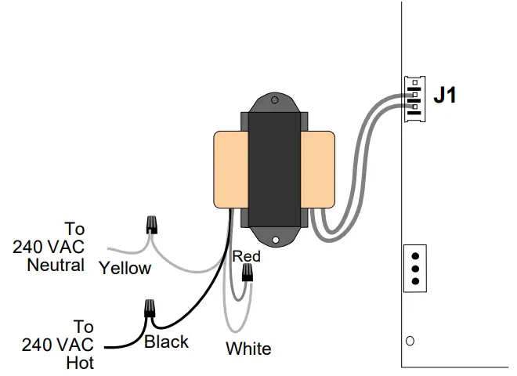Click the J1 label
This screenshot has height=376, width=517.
click(445, 96)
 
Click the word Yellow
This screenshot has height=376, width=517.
click(125, 269)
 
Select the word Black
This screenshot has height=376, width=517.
click(166, 342)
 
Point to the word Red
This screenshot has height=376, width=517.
click(246, 256)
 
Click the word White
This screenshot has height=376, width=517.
click(248, 349)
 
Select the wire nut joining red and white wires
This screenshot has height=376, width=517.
click(248, 273)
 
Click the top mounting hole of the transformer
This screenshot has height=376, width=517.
click(273, 100)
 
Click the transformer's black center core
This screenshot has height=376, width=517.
click(273, 168)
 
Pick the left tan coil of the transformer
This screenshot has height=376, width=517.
click(228, 170)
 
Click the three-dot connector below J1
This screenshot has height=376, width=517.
click(414, 268)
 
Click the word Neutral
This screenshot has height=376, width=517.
click(56, 265)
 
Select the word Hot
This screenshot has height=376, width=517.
click(81, 363)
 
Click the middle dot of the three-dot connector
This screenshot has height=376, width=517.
click(414, 268)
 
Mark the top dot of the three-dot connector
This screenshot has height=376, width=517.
click(414, 255)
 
